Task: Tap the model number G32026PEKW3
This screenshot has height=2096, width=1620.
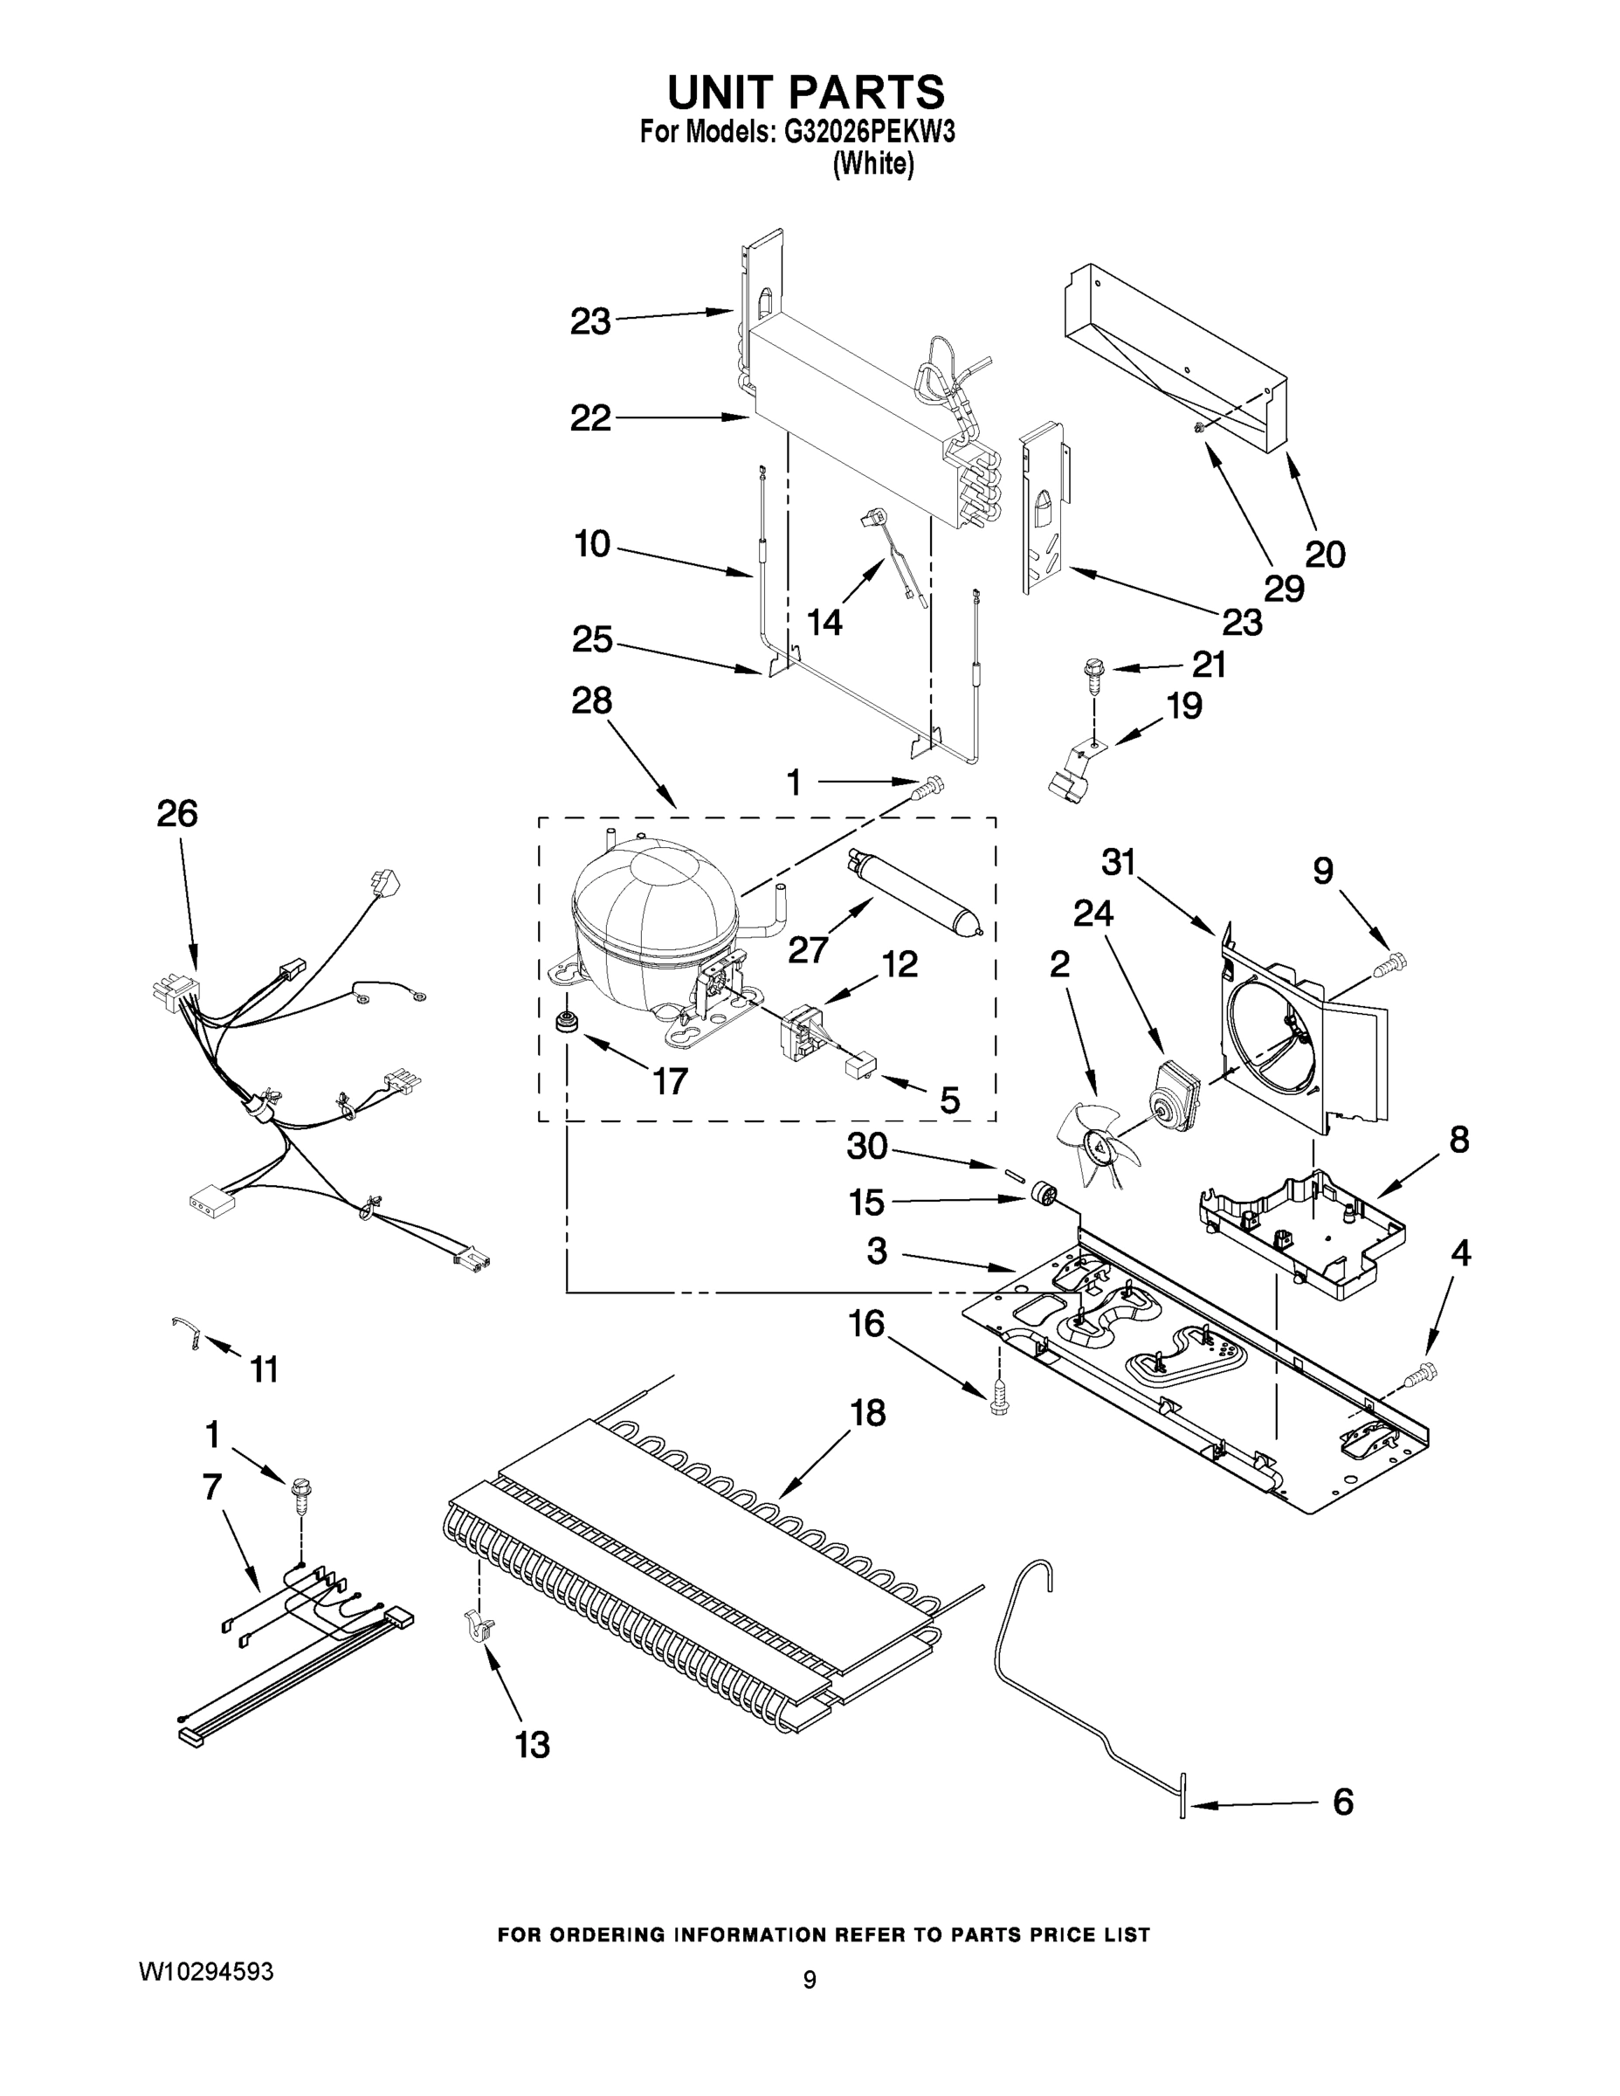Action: click(x=869, y=133)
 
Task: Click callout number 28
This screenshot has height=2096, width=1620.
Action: click(x=591, y=700)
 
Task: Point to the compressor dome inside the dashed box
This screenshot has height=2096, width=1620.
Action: click(x=652, y=907)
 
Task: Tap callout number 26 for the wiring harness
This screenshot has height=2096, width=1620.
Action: click(x=176, y=814)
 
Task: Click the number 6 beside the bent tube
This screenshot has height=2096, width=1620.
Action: click(x=1342, y=1803)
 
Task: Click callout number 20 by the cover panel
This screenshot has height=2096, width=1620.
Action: click(x=1325, y=554)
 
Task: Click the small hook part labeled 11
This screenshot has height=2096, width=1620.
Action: click(x=186, y=1331)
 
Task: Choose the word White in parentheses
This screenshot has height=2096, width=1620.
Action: click(x=872, y=164)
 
